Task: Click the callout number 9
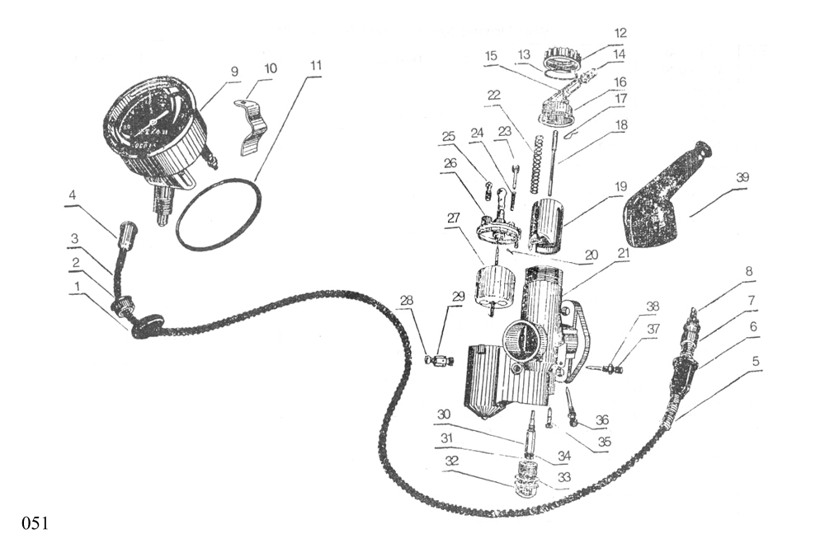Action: [234, 72]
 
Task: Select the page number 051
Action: [35, 522]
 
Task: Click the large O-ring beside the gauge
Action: [218, 213]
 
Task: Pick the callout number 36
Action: [602, 420]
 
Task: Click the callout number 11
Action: [316, 64]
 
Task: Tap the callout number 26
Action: [449, 163]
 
